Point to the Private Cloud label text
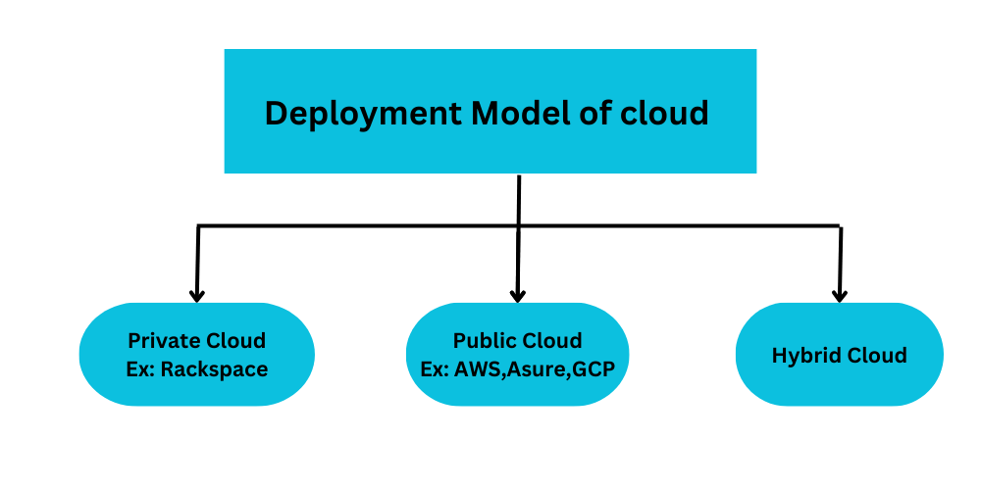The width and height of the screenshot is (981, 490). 196,341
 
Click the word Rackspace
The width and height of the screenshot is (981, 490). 214,369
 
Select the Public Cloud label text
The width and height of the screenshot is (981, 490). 517,341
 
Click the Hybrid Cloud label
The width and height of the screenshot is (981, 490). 839,355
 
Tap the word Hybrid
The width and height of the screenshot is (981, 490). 805,355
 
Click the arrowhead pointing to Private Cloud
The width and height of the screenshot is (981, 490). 197,294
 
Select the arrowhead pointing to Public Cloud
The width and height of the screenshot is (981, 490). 518,294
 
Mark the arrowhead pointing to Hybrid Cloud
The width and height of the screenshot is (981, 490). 839,294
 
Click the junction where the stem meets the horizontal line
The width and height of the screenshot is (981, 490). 518,226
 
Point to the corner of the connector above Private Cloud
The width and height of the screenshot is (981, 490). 198,226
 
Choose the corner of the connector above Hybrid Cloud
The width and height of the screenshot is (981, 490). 840,226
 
